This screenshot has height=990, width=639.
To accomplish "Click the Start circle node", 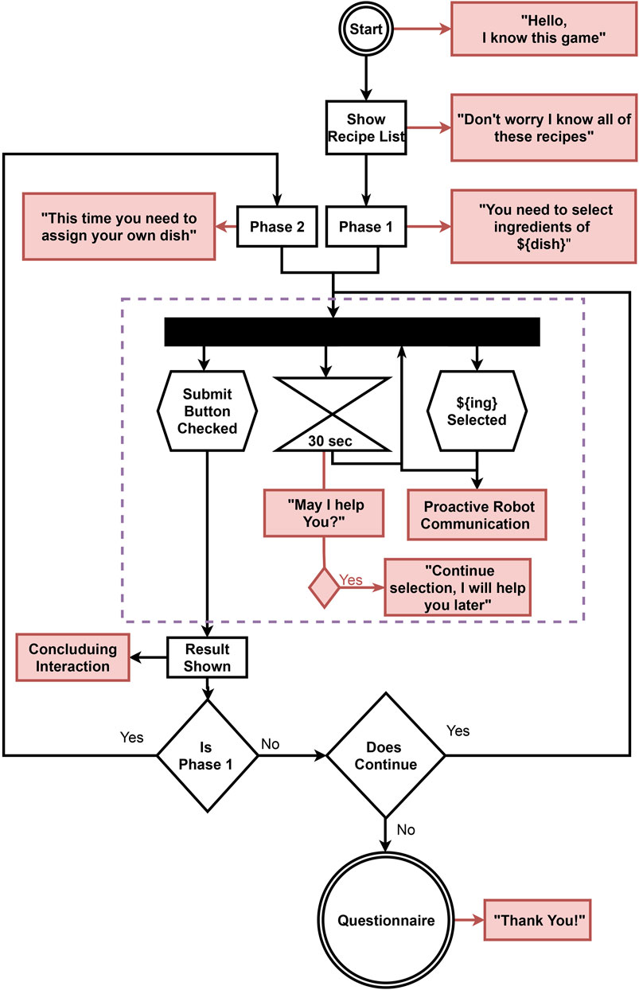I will click(365, 30).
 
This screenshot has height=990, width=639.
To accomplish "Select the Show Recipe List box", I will click(365, 128).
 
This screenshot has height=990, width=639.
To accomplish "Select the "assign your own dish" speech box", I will click(120, 226).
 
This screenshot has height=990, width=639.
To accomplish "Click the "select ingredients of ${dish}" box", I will click(543, 226).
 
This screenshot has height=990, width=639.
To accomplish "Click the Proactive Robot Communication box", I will click(476, 515).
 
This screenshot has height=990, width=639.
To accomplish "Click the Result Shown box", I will click(208, 657).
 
